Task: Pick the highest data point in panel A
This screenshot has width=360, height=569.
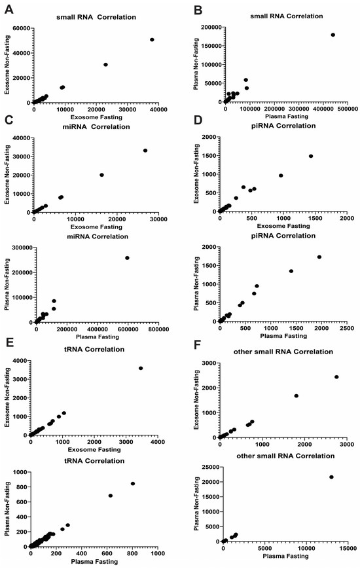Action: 152,39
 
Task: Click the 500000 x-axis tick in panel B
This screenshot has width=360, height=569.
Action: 347,109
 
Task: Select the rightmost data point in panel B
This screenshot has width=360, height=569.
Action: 333,35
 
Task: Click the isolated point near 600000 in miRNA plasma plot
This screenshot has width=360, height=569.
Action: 127,258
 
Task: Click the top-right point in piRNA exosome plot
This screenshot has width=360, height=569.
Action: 311,156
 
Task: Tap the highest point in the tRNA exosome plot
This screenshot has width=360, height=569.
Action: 141,368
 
